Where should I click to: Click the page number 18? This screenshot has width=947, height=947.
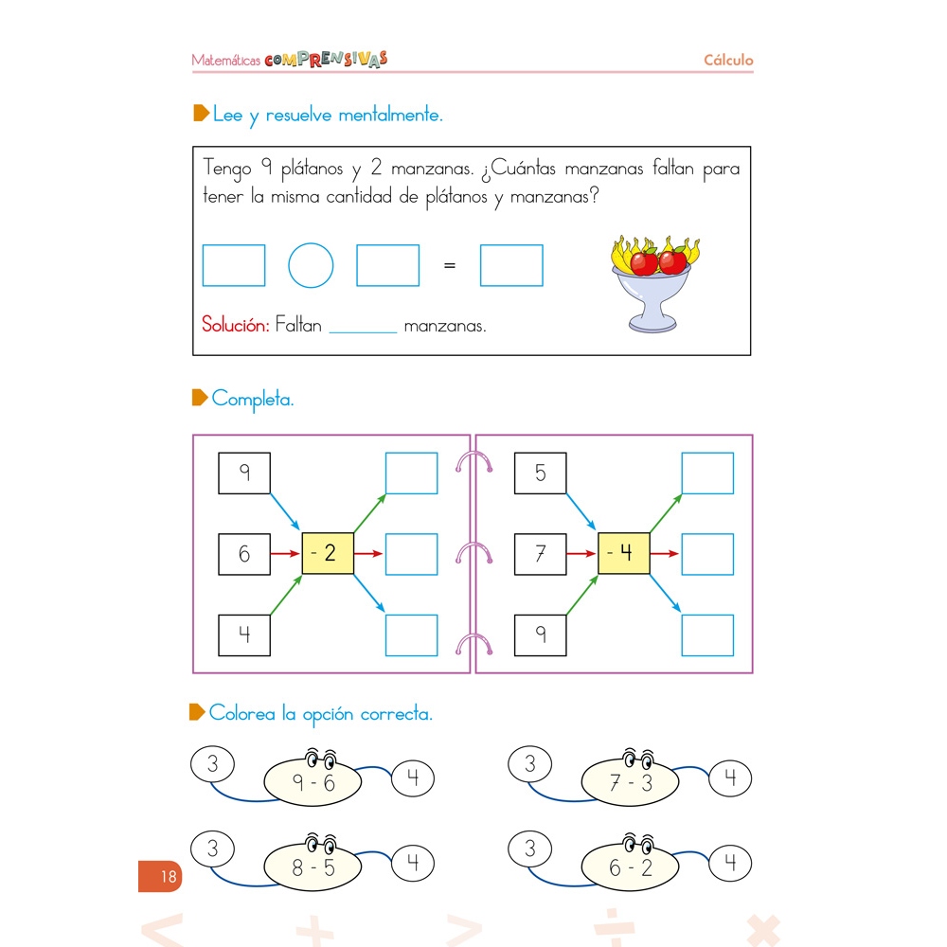[x=168, y=877]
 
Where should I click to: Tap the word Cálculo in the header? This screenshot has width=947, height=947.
[x=728, y=60]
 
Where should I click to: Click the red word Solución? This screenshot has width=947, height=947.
[x=235, y=325]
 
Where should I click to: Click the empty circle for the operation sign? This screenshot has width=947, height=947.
[x=311, y=265]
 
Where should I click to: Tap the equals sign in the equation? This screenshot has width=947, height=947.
[x=450, y=265]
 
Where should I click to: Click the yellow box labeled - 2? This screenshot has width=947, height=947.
[x=328, y=553]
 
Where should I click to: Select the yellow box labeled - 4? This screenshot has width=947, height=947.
[x=624, y=553]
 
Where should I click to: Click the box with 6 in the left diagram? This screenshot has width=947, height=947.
[x=244, y=554]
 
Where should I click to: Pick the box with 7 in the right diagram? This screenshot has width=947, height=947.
[x=540, y=554]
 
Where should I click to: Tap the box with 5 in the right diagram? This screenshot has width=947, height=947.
[x=540, y=473]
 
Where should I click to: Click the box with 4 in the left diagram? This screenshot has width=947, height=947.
[x=244, y=634]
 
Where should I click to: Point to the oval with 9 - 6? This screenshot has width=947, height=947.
[x=313, y=782]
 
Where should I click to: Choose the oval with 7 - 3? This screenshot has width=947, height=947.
[x=631, y=782]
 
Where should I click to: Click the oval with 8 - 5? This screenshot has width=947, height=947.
[x=313, y=867]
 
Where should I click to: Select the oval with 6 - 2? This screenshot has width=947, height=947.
[x=631, y=867]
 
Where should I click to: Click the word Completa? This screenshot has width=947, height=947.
[x=253, y=399]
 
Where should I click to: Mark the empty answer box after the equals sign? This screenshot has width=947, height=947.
[x=511, y=265]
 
